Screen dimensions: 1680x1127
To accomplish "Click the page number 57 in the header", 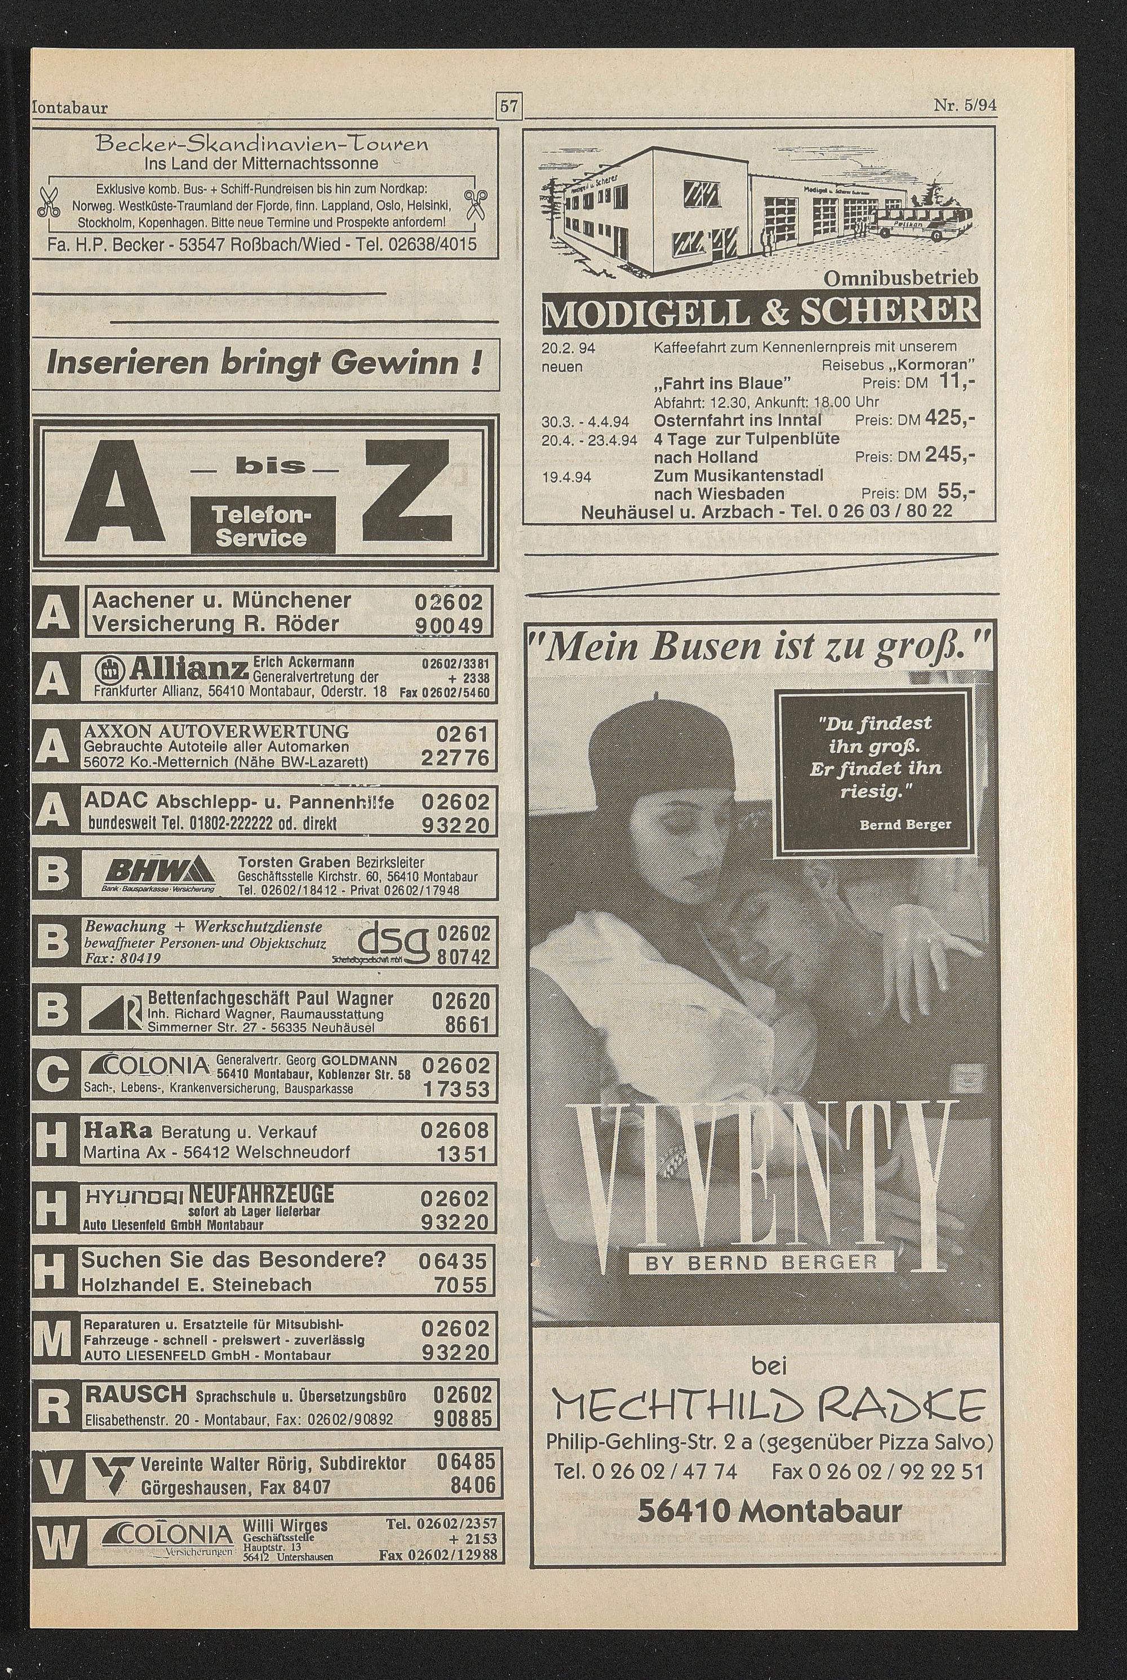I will pos(509,108).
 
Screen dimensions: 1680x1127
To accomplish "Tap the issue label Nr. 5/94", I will pos(965,106).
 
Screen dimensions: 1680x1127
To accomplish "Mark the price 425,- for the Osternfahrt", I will pos(949,418).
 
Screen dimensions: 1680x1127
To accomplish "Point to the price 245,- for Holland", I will pos(949,455).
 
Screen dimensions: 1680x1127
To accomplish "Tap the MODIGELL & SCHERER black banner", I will pos(760,308).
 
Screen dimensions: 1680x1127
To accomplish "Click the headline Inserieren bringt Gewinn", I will pos(263,363).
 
